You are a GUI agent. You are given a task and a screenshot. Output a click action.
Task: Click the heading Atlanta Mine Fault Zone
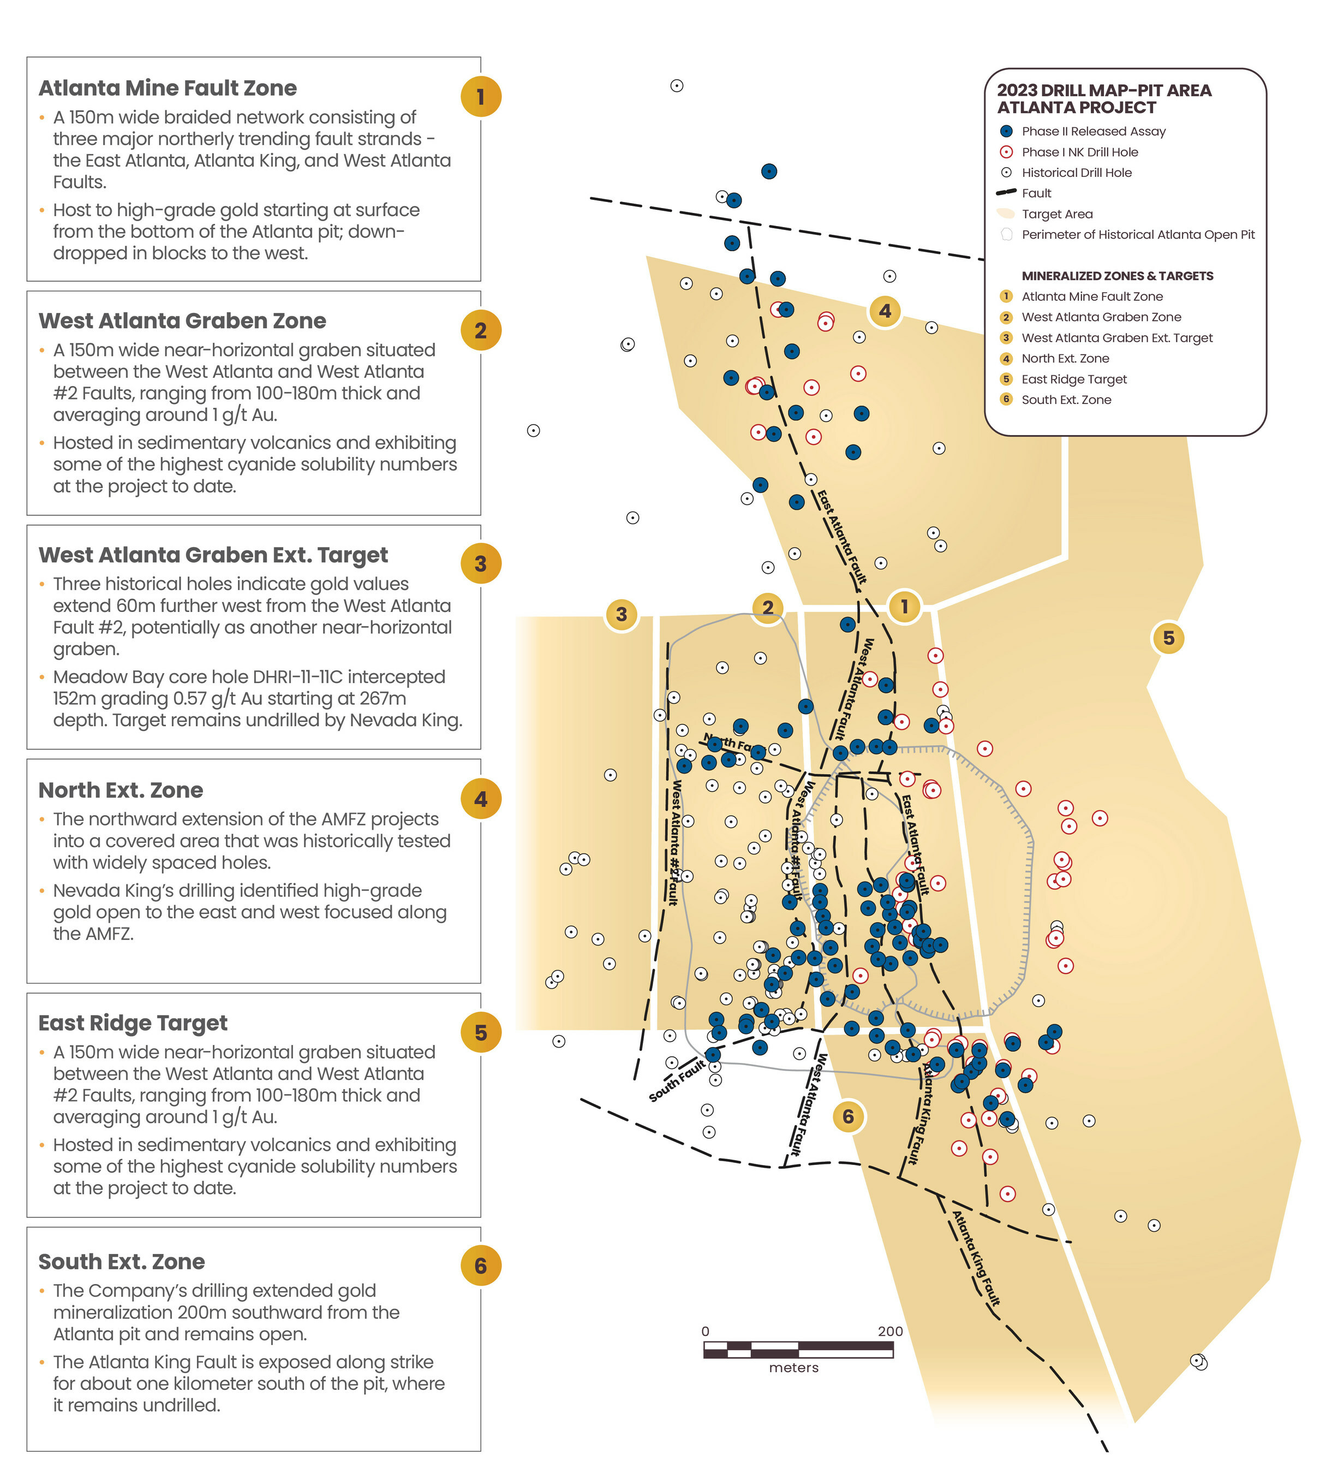tap(168, 88)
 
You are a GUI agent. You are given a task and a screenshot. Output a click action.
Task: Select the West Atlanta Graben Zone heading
tap(182, 321)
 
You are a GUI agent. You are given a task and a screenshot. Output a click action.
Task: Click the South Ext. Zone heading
tap(122, 1261)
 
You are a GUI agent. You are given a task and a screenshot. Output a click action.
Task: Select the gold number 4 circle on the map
tap(885, 311)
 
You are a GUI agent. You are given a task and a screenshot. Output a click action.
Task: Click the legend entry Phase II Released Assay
tap(1093, 131)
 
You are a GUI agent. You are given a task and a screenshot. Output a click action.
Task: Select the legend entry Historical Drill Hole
tap(1076, 173)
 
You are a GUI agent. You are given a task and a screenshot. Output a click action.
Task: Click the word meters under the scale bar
tap(793, 1368)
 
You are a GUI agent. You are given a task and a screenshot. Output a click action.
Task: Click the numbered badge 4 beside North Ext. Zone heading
tap(481, 799)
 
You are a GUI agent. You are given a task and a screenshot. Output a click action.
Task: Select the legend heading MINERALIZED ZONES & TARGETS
tap(1117, 276)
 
